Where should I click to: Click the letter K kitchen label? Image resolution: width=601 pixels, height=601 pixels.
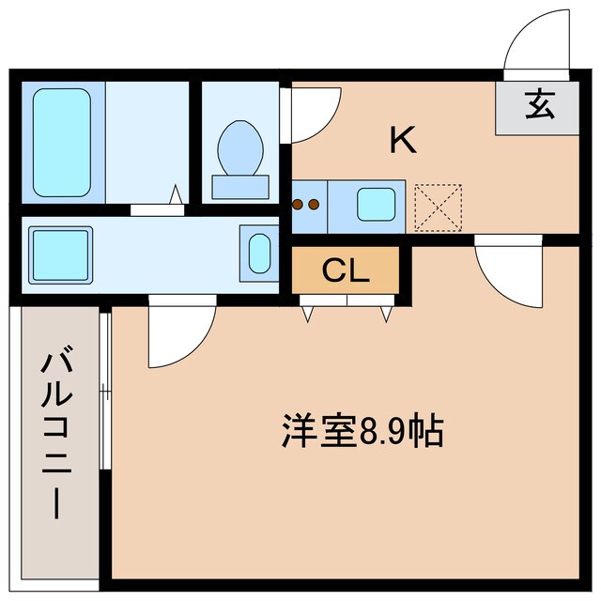click(x=403, y=141)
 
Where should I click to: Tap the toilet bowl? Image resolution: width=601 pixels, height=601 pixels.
click(x=240, y=148)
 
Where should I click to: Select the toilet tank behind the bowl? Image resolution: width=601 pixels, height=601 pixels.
click(x=240, y=186)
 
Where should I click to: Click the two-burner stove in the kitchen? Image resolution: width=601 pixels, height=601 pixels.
click(x=308, y=204)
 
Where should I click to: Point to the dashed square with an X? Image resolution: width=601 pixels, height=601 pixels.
click(x=439, y=207)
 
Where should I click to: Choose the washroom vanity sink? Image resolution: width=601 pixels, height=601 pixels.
click(x=259, y=252)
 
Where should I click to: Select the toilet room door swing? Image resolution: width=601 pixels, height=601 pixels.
click(x=310, y=115)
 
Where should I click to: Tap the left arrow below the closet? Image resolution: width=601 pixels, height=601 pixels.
click(x=308, y=315)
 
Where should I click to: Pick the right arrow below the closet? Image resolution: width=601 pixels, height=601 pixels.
click(x=385, y=315)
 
